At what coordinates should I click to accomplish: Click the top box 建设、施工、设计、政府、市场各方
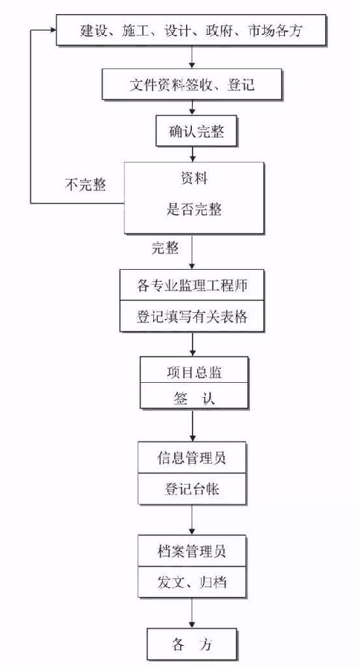tap(191, 30)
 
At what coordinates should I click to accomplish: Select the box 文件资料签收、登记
tap(192, 84)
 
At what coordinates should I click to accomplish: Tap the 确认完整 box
tap(196, 131)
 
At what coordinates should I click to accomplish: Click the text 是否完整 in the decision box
tap(194, 210)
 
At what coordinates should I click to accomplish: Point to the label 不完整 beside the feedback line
tap(86, 185)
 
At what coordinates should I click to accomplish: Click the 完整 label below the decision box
tap(165, 248)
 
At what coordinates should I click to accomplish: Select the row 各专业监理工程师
tap(192, 285)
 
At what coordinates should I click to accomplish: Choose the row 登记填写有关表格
tap(192, 316)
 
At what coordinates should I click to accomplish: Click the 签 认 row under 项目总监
tap(194, 395)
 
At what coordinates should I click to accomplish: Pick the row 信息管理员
tap(192, 457)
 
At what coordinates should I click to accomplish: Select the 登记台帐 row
tap(192, 489)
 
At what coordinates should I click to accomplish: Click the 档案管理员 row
tap(192, 551)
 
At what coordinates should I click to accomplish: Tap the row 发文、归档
tap(192, 582)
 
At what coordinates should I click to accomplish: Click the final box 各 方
tap(192, 644)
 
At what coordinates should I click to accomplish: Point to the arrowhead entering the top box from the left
tap(53, 30)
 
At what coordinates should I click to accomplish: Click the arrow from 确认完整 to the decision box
tap(193, 155)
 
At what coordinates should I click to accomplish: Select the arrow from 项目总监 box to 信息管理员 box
tap(193, 425)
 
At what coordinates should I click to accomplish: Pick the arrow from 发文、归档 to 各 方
tap(192, 613)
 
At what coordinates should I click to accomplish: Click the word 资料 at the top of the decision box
tap(194, 178)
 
